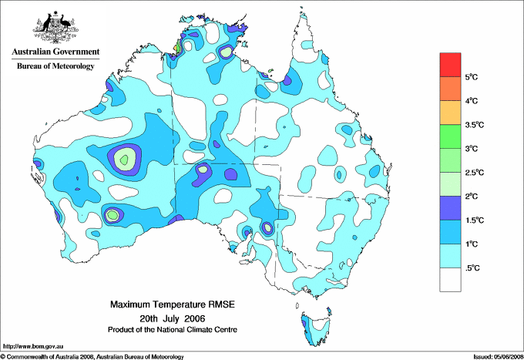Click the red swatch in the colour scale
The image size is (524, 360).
[450, 65]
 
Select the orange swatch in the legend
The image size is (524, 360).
[450, 89]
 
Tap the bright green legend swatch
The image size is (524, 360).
[450, 136]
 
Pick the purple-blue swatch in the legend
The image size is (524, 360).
[450, 207]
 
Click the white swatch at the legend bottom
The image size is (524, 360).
[450, 279]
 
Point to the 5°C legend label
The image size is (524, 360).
[474, 77]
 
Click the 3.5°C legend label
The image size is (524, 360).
[475, 125]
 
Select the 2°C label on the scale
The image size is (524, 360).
[474, 196]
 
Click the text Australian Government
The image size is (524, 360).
[55, 52]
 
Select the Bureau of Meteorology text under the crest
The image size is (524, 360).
[55, 66]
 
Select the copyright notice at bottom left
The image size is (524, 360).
[92, 356]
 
